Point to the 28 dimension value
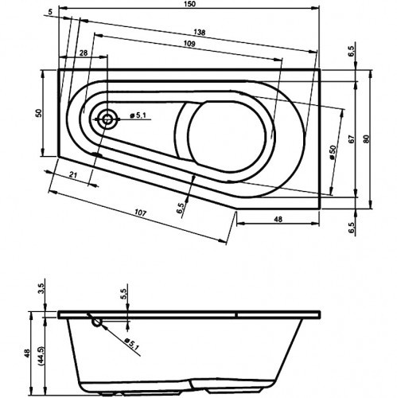(84, 53)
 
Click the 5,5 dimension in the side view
(124, 294)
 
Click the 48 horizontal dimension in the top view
(278, 219)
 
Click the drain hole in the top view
(107, 119)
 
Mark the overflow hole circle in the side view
(96, 322)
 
